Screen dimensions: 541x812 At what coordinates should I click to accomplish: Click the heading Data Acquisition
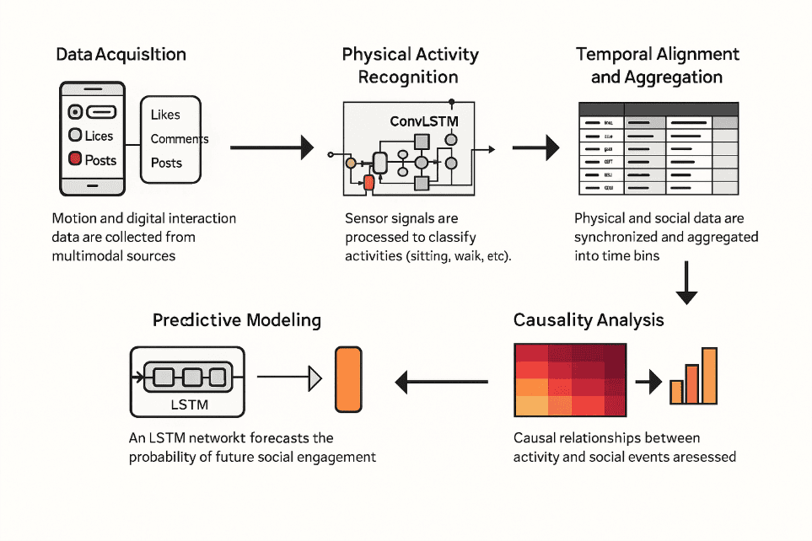(121, 55)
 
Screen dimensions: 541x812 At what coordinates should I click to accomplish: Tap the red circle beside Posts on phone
(74, 158)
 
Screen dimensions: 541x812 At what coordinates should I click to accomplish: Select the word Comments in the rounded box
(179, 139)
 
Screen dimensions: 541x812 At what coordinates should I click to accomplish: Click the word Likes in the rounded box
(165, 115)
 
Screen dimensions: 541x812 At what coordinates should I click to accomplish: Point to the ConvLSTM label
(424, 121)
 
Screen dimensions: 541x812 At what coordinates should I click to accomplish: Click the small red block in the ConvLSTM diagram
(368, 182)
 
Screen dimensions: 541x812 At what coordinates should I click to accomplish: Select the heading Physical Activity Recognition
(410, 66)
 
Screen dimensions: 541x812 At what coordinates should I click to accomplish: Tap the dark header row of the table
(658, 110)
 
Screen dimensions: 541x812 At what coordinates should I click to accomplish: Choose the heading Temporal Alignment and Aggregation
(657, 66)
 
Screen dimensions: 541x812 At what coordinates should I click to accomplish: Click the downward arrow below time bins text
(687, 282)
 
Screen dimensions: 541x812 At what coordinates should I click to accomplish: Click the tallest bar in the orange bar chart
(709, 375)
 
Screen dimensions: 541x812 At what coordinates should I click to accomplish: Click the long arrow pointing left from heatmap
(442, 383)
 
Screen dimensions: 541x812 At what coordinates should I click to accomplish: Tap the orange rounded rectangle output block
(347, 380)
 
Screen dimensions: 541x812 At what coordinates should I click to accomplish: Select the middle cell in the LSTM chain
(192, 377)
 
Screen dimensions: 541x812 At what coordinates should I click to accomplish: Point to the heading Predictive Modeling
(237, 320)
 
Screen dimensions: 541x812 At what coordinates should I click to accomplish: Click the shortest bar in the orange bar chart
(676, 392)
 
